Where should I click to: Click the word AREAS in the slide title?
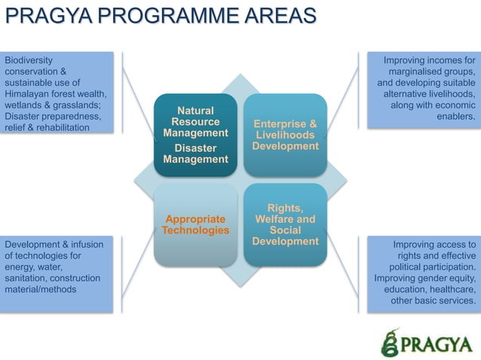(x=279, y=16)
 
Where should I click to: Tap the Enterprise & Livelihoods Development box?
(x=285, y=134)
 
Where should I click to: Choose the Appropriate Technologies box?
(x=195, y=224)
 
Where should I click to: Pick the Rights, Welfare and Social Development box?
(x=285, y=224)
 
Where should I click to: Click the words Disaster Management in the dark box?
(x=195, y=154)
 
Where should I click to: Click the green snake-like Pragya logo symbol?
(x=390, y=343)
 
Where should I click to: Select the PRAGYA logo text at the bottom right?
(x=438, y=345)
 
